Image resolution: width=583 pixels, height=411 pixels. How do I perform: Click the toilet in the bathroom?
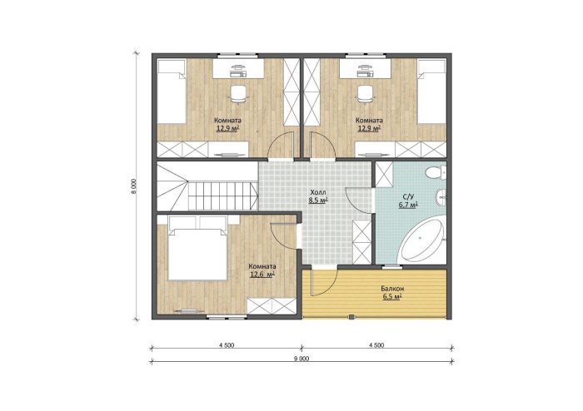tap(436, 173)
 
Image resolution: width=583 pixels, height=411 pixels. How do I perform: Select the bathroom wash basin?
tap(441, 197)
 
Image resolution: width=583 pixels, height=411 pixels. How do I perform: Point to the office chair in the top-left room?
tap(237, 93)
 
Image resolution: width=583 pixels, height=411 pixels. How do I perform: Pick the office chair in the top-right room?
tap(365, 93)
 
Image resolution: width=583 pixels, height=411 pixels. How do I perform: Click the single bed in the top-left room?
tap(172, 92)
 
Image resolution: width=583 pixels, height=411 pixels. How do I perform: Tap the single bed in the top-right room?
tap(431, 92)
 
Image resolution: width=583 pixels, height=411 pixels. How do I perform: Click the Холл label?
tap(318, 193)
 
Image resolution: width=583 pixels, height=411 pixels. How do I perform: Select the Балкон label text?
tap(392, 289)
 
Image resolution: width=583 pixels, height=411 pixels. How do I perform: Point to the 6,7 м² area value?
tap(408, 205)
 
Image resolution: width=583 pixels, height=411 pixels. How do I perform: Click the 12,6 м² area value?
tap(262, 275)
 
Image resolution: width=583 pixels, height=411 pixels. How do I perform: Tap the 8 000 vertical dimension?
tap(134, 186)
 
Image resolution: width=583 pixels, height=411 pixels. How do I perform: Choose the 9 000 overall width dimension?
tap(301, 359)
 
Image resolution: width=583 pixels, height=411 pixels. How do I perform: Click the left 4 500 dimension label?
tap(227, 345)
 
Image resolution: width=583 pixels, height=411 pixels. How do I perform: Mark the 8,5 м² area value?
tap(318, 201)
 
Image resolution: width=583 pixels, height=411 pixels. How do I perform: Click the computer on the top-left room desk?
tap(238, 71)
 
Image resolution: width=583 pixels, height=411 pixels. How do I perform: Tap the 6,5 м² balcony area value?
tap(392, 297)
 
